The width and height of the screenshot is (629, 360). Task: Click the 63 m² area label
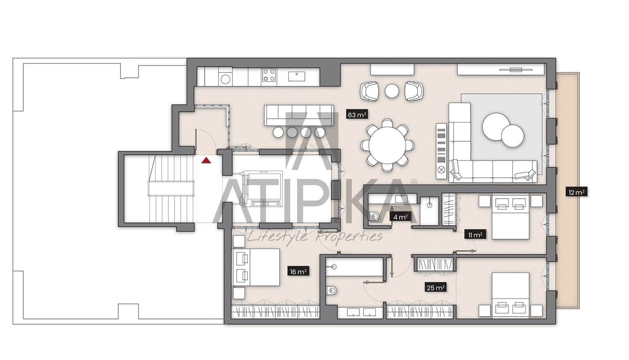[357, 115]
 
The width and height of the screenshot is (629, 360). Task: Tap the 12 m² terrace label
[577, 192]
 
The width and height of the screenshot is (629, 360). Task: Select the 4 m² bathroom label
[400, 217]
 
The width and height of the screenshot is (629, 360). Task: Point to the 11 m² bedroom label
[475, 235]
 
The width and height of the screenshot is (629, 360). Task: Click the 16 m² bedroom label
[298, 272]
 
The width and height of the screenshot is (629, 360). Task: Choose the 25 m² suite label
[435, 288]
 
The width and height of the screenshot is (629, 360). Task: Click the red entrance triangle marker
[206, 160]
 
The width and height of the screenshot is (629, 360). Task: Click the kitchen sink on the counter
[296, 76]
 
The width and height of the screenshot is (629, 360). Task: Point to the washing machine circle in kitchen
[225, 79]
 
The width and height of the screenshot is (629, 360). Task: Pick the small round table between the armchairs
[392, 91]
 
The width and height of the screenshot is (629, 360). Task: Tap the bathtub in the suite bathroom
[355, 267]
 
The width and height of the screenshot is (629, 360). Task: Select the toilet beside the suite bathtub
[332, 291]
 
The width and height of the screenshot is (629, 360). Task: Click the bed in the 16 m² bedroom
[256, 267]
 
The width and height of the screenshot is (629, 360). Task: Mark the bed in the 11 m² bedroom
[511, 217]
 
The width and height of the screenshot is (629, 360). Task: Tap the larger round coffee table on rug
[496, 127]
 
